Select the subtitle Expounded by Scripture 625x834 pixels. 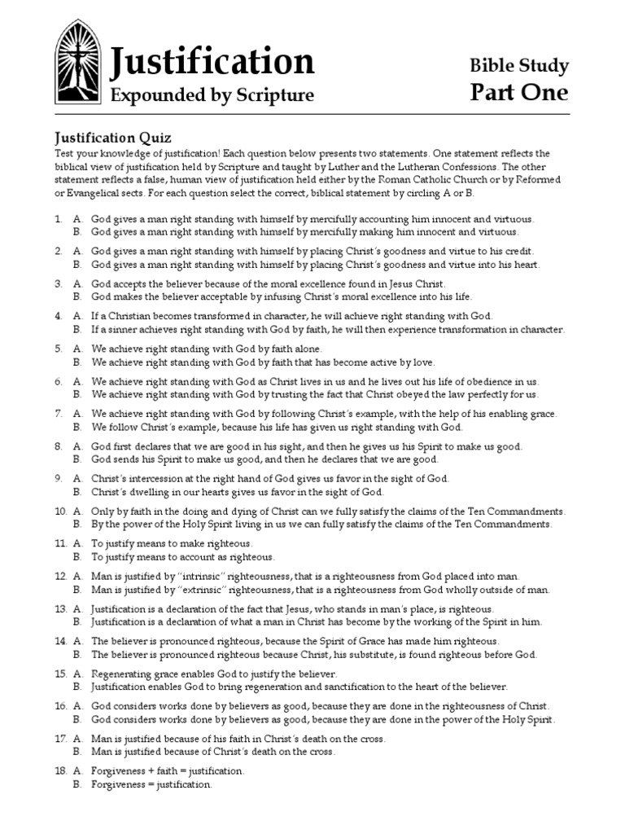pos(212,95)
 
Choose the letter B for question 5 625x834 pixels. pos(77,362)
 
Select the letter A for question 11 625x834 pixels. pos(77,543)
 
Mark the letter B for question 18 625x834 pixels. pos(77,784)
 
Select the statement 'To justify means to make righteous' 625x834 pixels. pos(172,543)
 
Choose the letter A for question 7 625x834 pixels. pos(77,414)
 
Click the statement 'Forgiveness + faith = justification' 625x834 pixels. pos(168,770)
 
